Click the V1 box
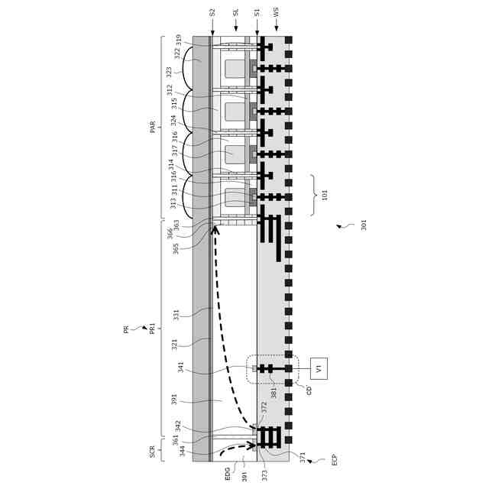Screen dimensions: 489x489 pyautogui.click(x=319, y=368)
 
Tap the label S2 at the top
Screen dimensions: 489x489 pyautogui.click(x=212, y=13)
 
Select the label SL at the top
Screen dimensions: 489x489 pyautogui.click(x=236, y=13)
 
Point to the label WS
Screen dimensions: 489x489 pyautogui.click(x=277, y=13)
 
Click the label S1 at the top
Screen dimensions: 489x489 pyautogui.click(x=257, y=13)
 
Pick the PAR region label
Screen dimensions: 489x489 pyautogui.click(x=153, y=127)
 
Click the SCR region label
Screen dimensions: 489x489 pyautogui.click(x=153, y=452)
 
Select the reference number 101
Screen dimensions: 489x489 pyautogui.click(x=325, y=195)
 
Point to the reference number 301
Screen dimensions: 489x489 pyautogui.click(x=364, y=225)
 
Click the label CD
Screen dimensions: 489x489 pyautogui.click(x=309, y=390)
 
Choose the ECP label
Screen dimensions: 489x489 pyautogui.click(x=334, y=460)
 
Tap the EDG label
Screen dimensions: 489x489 pyautogui.click(x=228, y=474)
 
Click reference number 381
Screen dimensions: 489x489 pyautogui.click(x=274, y=393)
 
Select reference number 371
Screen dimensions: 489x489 pyautogui.click(x=303, y=457)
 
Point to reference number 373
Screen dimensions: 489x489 pyautogui.click(x=264, y=475)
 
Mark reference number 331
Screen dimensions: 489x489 pyautogui.click(x=176, y=315)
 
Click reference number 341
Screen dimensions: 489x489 pyautogui.click(x=181, y=367)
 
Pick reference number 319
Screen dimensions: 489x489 pyautogui.click(x=179, y=40)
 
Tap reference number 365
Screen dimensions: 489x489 pyautogui.click(x=176, y=248)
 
